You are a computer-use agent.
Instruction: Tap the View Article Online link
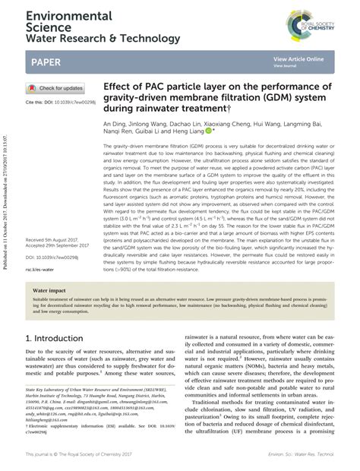tap(298, 58)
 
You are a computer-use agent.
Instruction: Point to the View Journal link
tap(286, 65)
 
